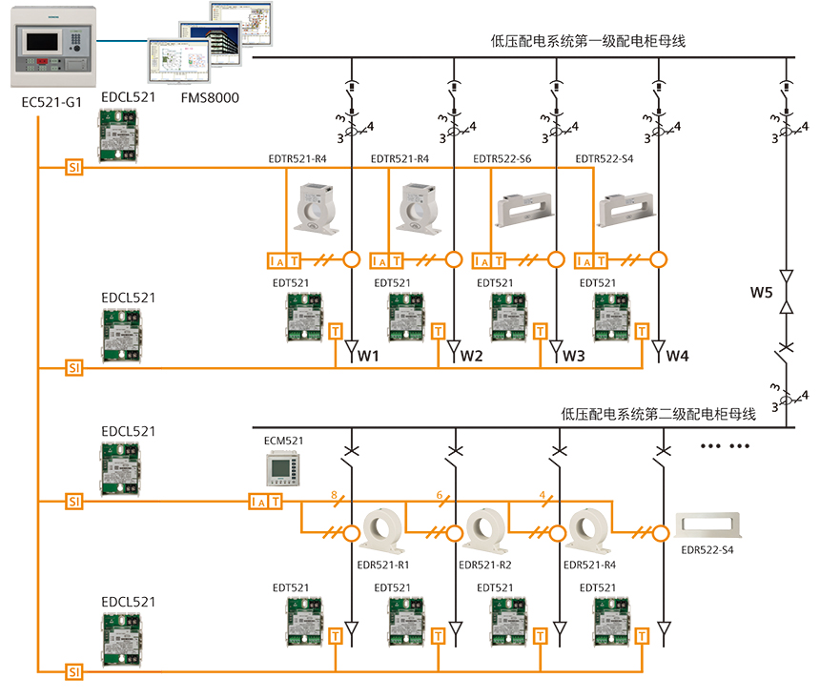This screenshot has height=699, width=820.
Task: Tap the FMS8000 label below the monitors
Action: click(x=209, y=97)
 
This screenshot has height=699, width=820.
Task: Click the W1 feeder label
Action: click(x=368, y=357)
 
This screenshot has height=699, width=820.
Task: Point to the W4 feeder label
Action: click(x=677, y=357)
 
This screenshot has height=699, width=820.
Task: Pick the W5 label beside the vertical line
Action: click(x=761, y=292)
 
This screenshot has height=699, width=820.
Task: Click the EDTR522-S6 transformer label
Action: click(x=502, y=158)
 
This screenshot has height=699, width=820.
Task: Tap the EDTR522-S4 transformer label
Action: click(x=605, y=158)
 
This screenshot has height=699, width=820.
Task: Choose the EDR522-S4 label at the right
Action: click(x=707, y=550)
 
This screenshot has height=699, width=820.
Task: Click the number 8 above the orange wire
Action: click(x=333, y=495)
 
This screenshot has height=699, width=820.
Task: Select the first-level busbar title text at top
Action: click(x=588, y=41)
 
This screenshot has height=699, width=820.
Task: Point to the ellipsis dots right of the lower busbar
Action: click(x=726, y=446)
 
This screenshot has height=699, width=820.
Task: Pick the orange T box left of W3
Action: click(x=541, y=331)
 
